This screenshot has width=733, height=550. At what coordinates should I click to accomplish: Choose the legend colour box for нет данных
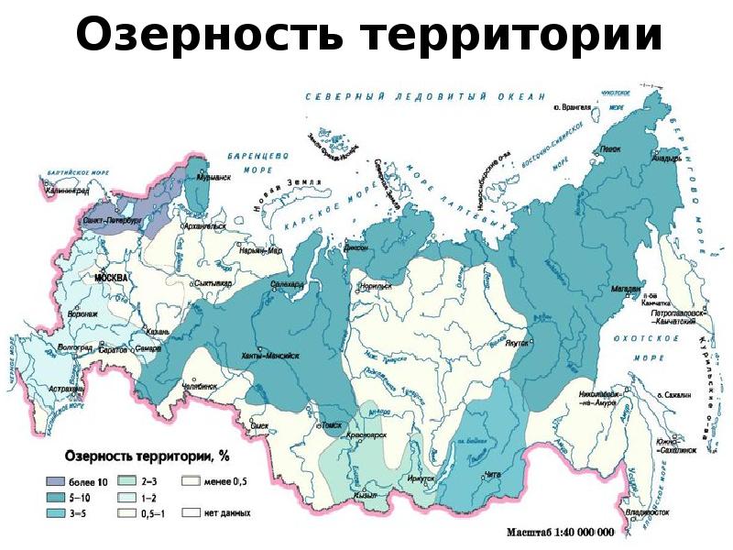tap(191, 512)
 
